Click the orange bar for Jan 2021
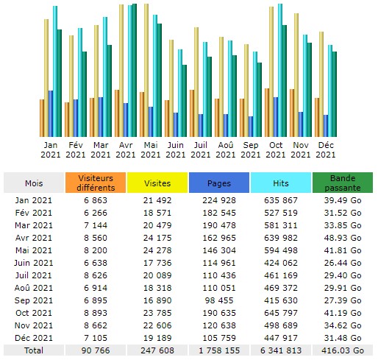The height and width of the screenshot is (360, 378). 42,118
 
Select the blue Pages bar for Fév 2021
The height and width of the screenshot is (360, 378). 76,118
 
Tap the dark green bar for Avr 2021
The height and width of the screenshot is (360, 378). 135,71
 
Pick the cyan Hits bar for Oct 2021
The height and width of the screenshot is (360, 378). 280,71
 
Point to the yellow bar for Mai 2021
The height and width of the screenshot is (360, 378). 146,71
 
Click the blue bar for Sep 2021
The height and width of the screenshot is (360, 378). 251,127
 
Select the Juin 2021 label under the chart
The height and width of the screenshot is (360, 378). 176,150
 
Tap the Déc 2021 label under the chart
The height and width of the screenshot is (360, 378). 326,150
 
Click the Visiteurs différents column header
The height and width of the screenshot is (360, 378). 96,183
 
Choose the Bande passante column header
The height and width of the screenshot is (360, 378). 343,183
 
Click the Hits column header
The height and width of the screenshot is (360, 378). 281,183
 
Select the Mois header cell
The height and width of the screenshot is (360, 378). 34,183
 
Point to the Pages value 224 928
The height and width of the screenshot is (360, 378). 219,200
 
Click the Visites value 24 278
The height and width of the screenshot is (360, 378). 157,250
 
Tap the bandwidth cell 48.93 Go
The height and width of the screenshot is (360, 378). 343,238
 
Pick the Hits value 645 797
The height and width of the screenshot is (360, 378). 281,313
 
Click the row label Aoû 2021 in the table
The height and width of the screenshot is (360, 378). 34,288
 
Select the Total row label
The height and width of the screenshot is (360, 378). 34,350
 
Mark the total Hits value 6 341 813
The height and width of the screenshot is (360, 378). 281,350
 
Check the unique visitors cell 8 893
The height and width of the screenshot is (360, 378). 96,313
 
